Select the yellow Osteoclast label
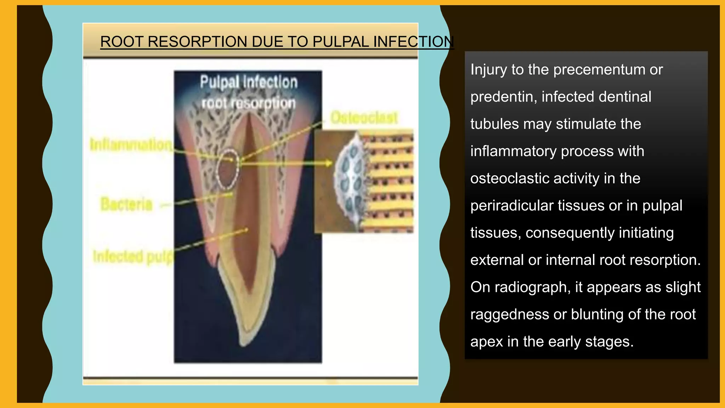[364, 118]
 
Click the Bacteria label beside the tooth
[126, 204]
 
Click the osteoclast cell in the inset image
[350, 181]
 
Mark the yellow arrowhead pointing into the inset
[329, 163]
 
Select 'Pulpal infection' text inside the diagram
[249, 82]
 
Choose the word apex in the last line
[486, 342]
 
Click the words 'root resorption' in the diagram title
[249, 103]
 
